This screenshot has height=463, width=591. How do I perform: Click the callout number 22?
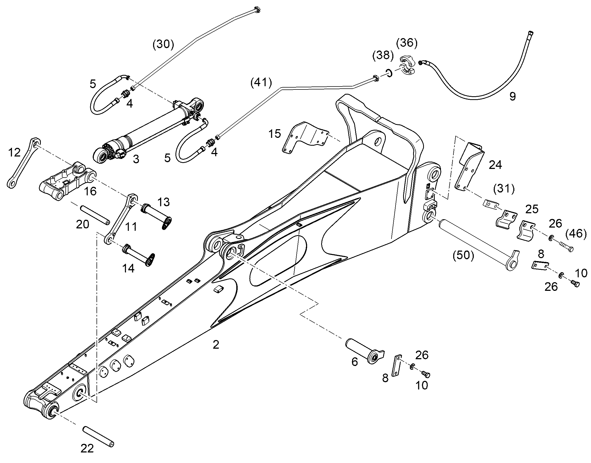[x=87, y=448]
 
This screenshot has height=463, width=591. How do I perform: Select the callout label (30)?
[x=163, y=44]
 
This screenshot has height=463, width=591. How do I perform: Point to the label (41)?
[x=261, y=82]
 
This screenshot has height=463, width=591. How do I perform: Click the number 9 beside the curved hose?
[x=512, y=96]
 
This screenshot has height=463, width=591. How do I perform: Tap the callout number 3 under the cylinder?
[x=136, y=159]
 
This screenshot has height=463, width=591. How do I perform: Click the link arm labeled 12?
[x=23, y=163]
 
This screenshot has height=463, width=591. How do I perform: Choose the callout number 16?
[x=90, y=191]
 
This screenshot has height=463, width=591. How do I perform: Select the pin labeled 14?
[x=139, y=255]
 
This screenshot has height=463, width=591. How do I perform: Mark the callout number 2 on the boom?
[x=216, y=345]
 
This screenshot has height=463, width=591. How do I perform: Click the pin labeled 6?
[x=365, y=351]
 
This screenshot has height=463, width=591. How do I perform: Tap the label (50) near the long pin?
[x=463, y=255]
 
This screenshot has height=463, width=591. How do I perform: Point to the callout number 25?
[x=532, y=209]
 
